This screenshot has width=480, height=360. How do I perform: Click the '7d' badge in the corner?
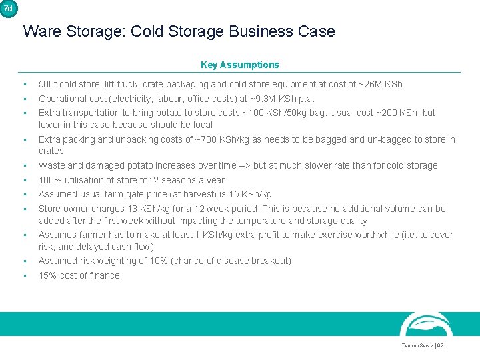[8, 8]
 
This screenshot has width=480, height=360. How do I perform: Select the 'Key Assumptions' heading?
[240, 65]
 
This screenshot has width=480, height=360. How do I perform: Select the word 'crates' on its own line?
[51, 151]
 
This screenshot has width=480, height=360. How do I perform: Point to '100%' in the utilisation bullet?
[49, 180]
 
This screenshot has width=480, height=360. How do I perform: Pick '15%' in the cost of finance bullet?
[47, 275]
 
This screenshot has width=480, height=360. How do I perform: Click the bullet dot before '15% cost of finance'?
[24, 275]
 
